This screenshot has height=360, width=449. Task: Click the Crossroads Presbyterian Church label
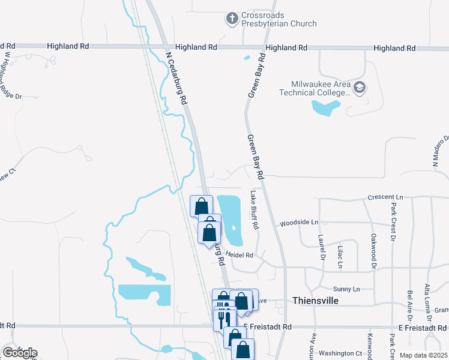(x=279, y=20)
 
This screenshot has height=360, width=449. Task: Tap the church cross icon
(x=232, y=19)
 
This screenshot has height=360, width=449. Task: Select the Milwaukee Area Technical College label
(x=315, y=89)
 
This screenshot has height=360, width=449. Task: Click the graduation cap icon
(x=359, y=88)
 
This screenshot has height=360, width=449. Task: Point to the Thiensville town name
(x=315, y=300)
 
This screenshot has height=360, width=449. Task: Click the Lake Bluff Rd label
(x=254, y=210)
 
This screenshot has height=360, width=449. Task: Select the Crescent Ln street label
(x=385, y=197)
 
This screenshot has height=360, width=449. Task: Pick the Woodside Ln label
(x=298, y=223)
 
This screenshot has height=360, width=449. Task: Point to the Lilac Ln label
(x=340, y=256)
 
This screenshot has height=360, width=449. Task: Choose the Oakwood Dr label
(x=373, y=251)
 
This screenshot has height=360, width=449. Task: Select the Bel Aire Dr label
(x=410, y=305)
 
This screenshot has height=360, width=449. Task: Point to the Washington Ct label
(x=340, y=353)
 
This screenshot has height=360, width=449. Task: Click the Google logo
(x=19, y=352)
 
